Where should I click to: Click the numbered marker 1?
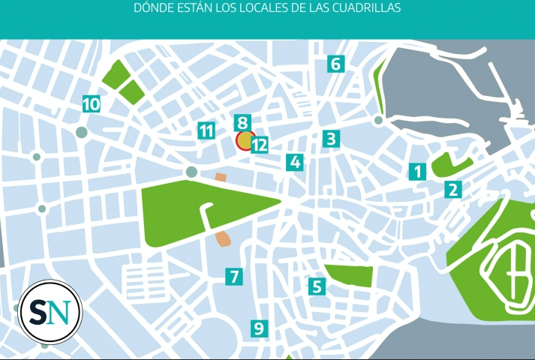pyautogui.click(x=418, y=172)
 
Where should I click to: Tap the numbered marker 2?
pyautogui.click(x=452, y=190)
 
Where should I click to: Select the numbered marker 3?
pyautogui.click(x=331, y=139)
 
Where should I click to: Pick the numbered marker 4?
pyautogui.click(x=295, y=162)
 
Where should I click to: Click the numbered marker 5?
pyautogui.click(x=316, y=286)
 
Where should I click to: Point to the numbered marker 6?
pyautogui.click(x=335, y=64)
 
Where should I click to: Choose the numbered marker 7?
pyautogui.click(x=235, y=276)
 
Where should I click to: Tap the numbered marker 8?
pyautogui.click(x=241, y=123)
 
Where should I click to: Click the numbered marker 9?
pyautogui.click(x=259, y=328)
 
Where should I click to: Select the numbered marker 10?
pyautogui.click(x=91, y=104)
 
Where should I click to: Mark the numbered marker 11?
pyautogui.click(x=206, y=130)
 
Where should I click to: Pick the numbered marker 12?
pyautogui.click(x=260, y=145)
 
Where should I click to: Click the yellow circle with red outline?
pyautogui.click(x=245, y=140)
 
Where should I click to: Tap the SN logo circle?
pyautogui.click(x=50, y=310)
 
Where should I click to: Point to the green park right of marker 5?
pyautogui.click(x=349, y=275)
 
